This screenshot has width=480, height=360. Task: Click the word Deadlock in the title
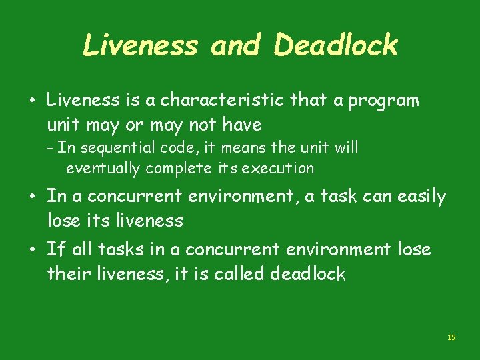[335, 46]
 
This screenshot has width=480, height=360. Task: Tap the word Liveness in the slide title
[140, 46]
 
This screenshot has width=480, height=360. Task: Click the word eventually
[103, 168]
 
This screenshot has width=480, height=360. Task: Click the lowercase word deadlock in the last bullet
[308, 273]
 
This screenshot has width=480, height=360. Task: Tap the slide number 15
[451, 338]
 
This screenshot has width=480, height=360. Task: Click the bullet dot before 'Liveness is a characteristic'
[32, 101]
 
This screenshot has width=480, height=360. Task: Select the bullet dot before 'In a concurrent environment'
[32, 197]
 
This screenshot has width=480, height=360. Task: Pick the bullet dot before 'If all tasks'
[32, 250]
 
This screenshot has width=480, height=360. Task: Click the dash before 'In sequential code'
[51, 147]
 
